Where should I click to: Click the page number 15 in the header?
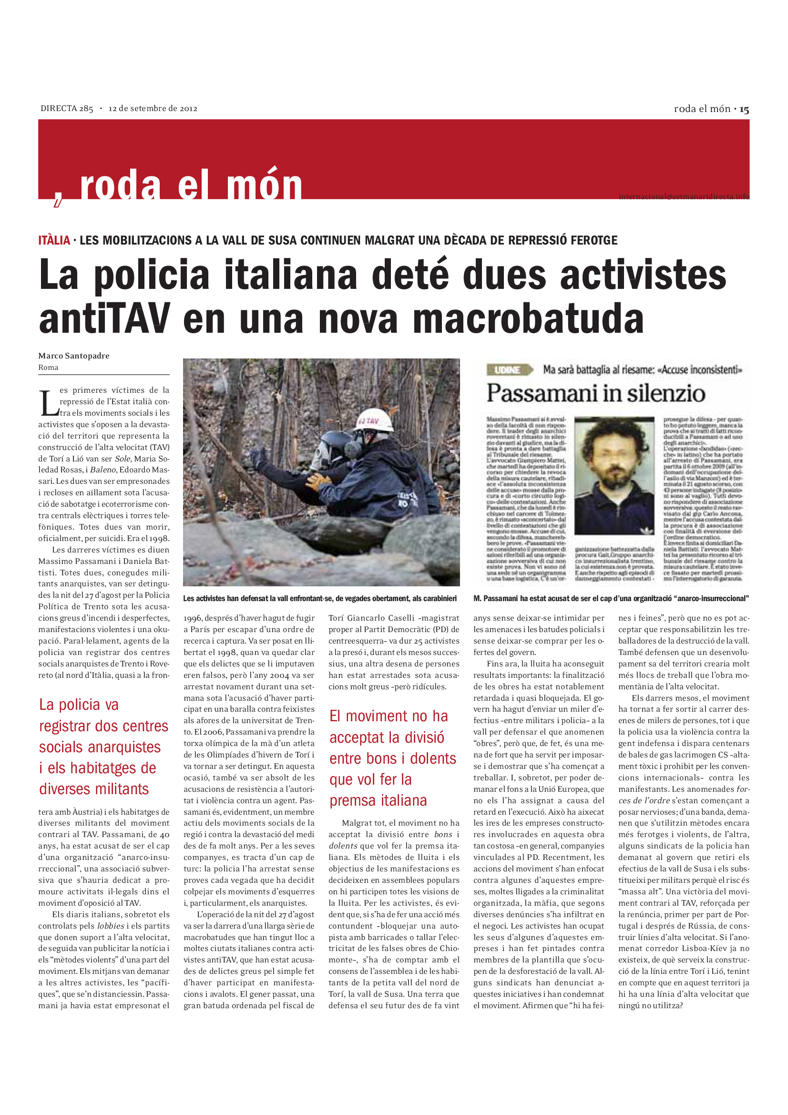click(x=744, y=110)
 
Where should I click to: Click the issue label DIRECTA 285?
click(x=67, y=109)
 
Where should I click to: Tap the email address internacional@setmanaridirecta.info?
click(x=684, y=197)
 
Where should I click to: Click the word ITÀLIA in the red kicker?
click(x=54, y=240)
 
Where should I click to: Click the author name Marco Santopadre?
click(x=74, y=356)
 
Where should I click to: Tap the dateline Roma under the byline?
click(x=49, y=368)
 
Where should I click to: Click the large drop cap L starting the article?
click(x=48, y=403)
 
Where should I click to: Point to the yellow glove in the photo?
click(x=318, y=482)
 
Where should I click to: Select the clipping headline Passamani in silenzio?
click(x=596, y=393)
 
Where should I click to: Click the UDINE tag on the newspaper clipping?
click(x=507, y=370)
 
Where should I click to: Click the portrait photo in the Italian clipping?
click(x=614, y=475)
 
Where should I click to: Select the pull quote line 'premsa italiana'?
click(x=378, y=801)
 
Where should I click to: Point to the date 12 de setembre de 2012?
click(x=153, y=109)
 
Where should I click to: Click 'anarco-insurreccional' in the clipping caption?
click(x=713, y=599)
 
